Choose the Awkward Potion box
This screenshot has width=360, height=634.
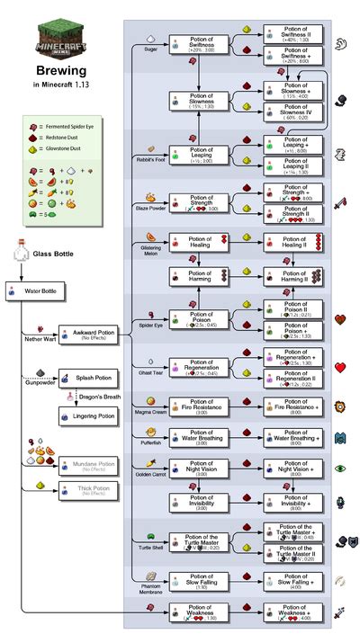coord(89,335)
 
